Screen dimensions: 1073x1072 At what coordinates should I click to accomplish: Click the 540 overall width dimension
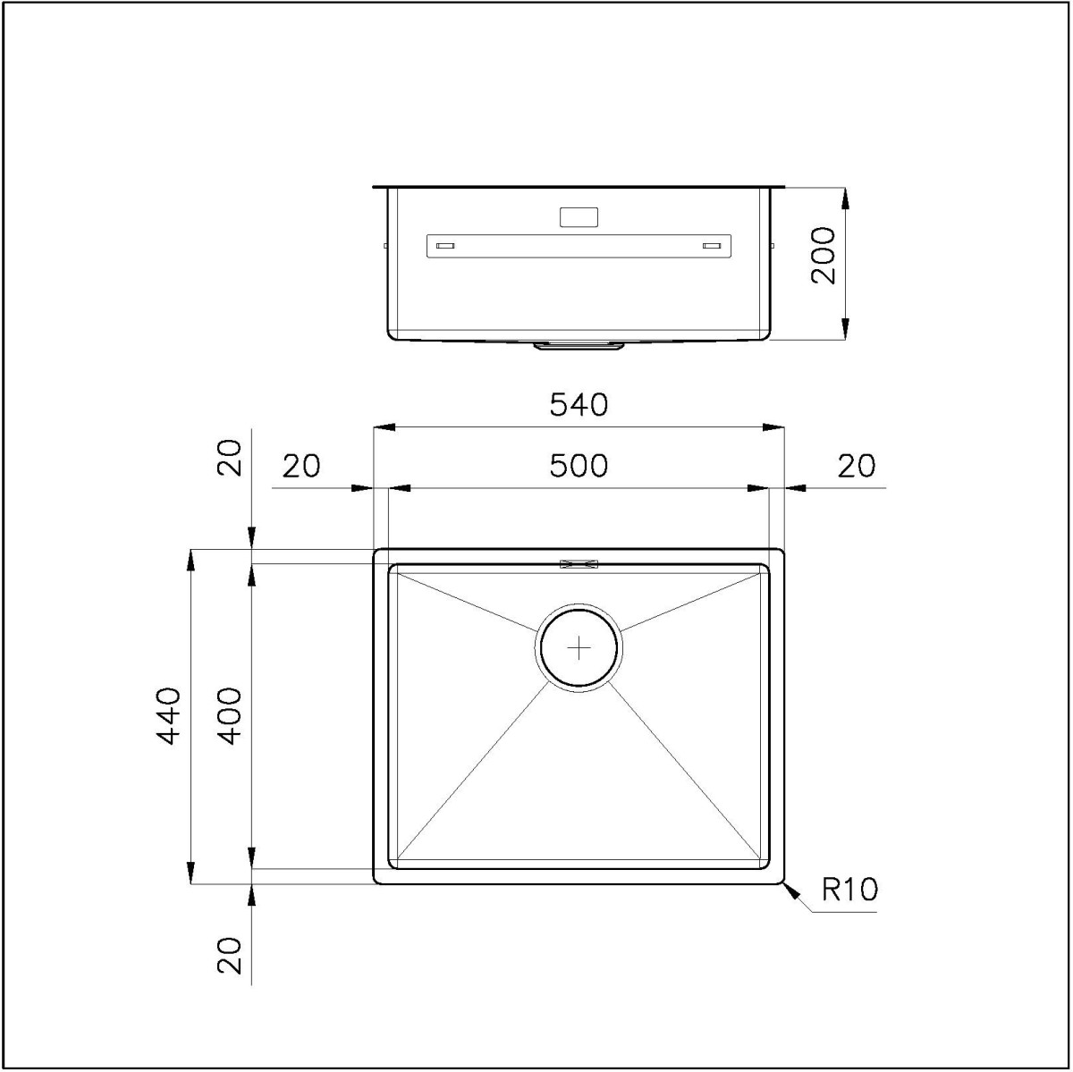pyautogui.click(x=579, y=405)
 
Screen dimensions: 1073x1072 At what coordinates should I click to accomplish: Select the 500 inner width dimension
pyautogui.click(x=579, y=466)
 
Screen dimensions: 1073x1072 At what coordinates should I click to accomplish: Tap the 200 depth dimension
pyautogui.click(x=823, y=256)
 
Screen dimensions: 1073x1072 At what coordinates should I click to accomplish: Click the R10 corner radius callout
pyautogui.click(x=849, y=890)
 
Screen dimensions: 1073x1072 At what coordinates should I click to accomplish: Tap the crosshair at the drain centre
pyautogui.click(x=579, y=648)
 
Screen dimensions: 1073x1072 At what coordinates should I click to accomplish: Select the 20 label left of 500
pyautogui.click(x=301, y=466)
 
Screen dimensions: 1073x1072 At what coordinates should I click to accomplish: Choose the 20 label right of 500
pyautogui.click(x=857, y=466)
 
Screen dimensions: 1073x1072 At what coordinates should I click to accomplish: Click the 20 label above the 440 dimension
pyautogui.click(x=229, y=458)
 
